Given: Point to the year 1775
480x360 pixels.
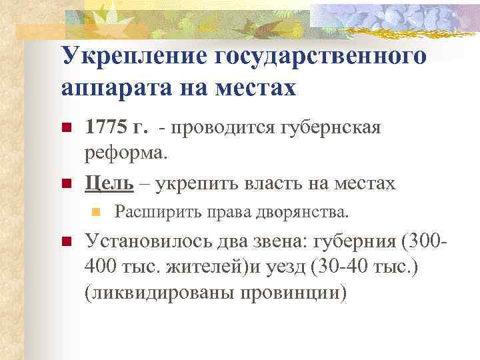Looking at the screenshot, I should point(105,127).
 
